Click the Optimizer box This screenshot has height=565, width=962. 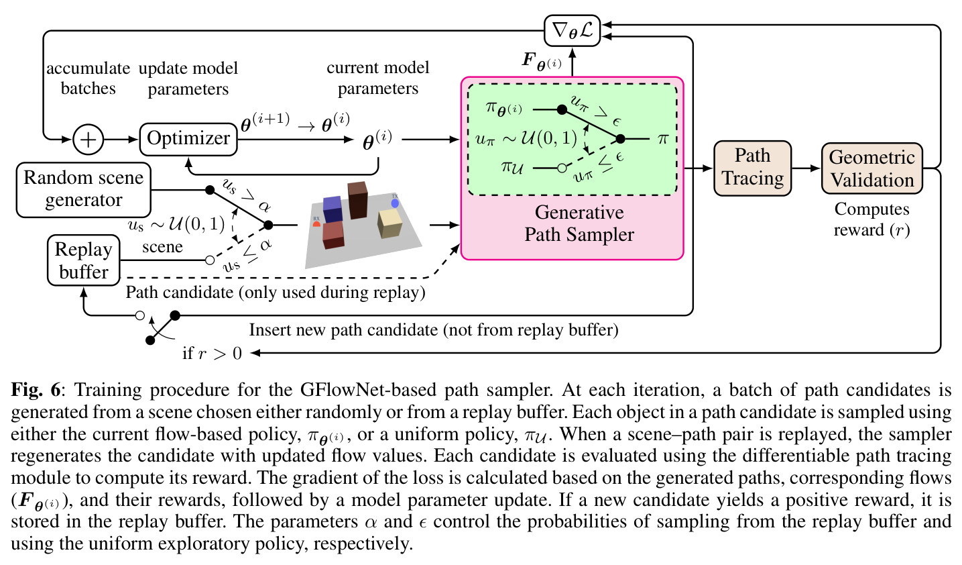pos(188,140)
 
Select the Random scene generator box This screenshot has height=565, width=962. pos(84,190)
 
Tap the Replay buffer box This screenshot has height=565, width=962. pos(84,260)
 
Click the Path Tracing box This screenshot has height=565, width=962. pos(752,168)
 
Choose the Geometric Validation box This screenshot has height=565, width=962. pos(871,168)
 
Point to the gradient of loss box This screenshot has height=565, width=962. pos(572,30)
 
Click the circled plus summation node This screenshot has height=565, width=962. pos(88,140)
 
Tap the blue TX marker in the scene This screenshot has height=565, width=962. pos(395,203)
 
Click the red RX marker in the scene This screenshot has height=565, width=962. pos(316,223)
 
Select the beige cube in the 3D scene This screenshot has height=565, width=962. pos(389,223)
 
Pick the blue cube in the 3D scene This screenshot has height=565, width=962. pos(333,209)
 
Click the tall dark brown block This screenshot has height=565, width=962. pos(358,200)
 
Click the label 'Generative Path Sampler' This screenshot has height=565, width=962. pos(579,223)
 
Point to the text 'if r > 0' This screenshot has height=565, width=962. pos(212,354)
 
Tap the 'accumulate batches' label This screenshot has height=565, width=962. pos(88,79)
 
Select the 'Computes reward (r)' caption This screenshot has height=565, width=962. pos(871,219)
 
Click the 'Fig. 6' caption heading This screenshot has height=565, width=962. pos(36,390)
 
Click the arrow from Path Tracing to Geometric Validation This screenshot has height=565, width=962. pos(806,168)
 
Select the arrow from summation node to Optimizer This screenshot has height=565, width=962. pos(121,140)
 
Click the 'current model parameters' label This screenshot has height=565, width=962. pos(378,78)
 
